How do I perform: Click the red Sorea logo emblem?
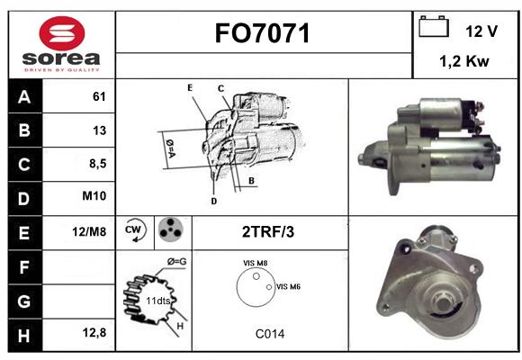click(62, 33)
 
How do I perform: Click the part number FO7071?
click(262, 33)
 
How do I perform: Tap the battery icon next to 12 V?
click(434, 26)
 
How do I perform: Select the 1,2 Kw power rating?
click(464, 61)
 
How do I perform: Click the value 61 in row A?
click(99, 96)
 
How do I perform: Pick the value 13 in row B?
click(99, 130)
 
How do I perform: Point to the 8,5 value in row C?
click(98, 164)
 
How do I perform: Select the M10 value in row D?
click(94, 196)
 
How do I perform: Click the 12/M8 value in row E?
click(89, 232)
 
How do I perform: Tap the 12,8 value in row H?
click(94, 333)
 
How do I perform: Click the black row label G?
click(25, 301)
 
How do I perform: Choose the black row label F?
click(25, 267)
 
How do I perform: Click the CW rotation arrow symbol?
click(135, 230)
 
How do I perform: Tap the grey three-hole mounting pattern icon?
click(171, 229)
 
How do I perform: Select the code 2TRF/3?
click(268, 232)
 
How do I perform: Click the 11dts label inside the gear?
click(158, 301)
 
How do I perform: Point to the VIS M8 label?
click(256, 263)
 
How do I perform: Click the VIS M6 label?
click(288, 287)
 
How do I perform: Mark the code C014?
click(270, 334)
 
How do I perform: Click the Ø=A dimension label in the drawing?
click(170, 148)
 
